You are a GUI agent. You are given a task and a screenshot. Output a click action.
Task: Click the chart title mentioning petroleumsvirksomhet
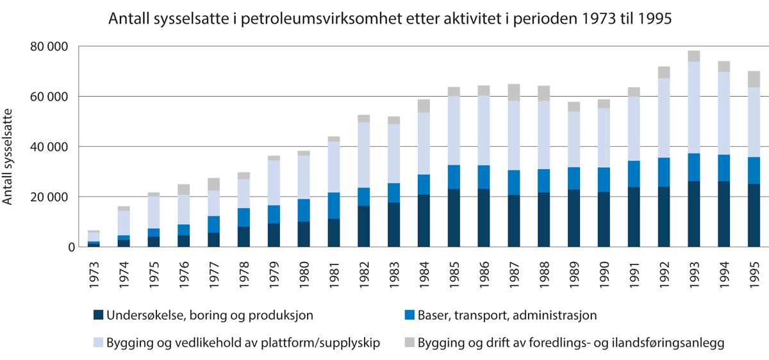click(391, 19)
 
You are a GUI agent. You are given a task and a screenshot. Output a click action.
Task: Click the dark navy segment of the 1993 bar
click(694, 214)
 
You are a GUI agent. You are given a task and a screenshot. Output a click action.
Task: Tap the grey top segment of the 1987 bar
click(514, 92)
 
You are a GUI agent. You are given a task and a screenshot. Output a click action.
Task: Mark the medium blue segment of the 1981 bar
click(334, 206)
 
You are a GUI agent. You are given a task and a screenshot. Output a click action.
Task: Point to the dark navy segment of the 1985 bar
click(454, 218)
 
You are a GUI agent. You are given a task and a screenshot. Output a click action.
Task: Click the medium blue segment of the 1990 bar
click(604, 179)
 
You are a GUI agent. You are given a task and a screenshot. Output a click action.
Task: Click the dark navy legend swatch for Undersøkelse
click(99, 315)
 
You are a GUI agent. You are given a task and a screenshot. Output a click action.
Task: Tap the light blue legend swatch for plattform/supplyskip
click(99, 343)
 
